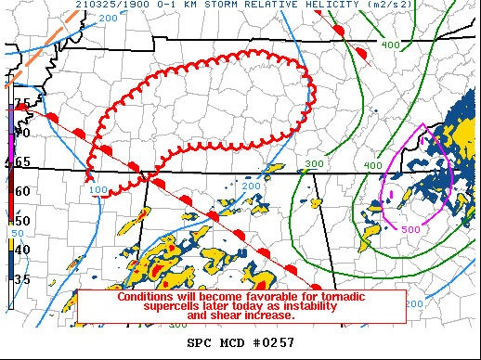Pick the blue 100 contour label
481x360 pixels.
pyautogui.click(x=99, y=190)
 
